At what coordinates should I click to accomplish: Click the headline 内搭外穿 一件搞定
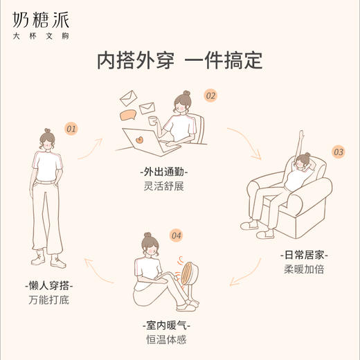(x=179, y=61)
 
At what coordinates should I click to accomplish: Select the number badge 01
(x=71, y=129)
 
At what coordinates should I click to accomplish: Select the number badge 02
(x=210, y=96)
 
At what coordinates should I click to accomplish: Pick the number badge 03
(x=339, y=152)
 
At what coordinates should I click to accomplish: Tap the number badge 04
(x=176, y=236)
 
